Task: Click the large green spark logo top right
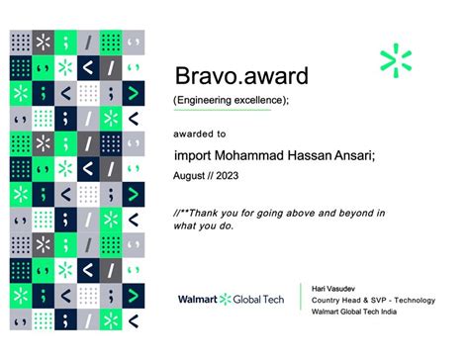click(403, 61)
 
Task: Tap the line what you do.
click(203, 226)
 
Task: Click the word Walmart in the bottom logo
click(197, 299)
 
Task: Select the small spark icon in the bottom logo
click(226, 299)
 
